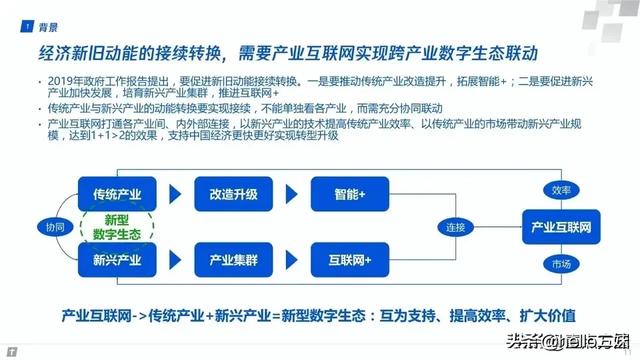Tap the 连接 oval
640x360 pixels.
click(x=456, y=227)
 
